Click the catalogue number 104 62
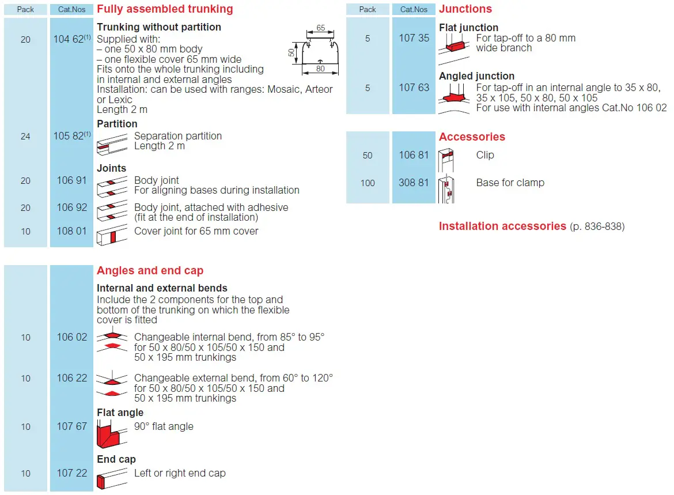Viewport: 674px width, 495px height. pyautogui.click(x=69, y=39)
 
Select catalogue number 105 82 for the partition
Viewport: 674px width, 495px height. pyautogui.click(x=69, y=136)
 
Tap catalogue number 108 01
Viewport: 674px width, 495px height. pyautogui.click(x=72, y=231)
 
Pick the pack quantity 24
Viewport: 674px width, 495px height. pyautogui.click(x=25, y=137)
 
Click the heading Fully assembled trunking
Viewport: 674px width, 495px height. pyautogui.click(x=165, y=9)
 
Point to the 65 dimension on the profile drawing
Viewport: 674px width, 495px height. pyautogui.click(x=321, y=28)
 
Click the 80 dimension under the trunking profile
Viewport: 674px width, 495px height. pyautogui.click(x=321, y=69)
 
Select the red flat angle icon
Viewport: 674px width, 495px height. pyautogui.click(x=112, y=433)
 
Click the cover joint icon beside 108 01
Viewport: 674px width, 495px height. pyautogui.click(x=112, y=235)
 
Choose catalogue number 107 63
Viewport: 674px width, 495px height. pyautogui.click(x=414, y=88)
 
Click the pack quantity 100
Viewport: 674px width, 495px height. pyautogui.click(x=368, y=183)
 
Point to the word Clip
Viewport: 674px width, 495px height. pyautogui.click(x=485, y=155)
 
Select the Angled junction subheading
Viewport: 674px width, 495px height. pyautogui.click(x=476, y=76)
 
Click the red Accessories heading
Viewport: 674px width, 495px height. pyautogui.click(x=472, y=137)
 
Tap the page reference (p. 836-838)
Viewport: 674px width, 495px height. pyautogui.click(x=597, y=226)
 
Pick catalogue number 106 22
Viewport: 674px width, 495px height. pyautogui.click(x=72, y=378)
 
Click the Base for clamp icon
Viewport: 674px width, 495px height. pyautogui.click(x=446, y=189)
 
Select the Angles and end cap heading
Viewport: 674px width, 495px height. pyautogui.click(x=150, y=270)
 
